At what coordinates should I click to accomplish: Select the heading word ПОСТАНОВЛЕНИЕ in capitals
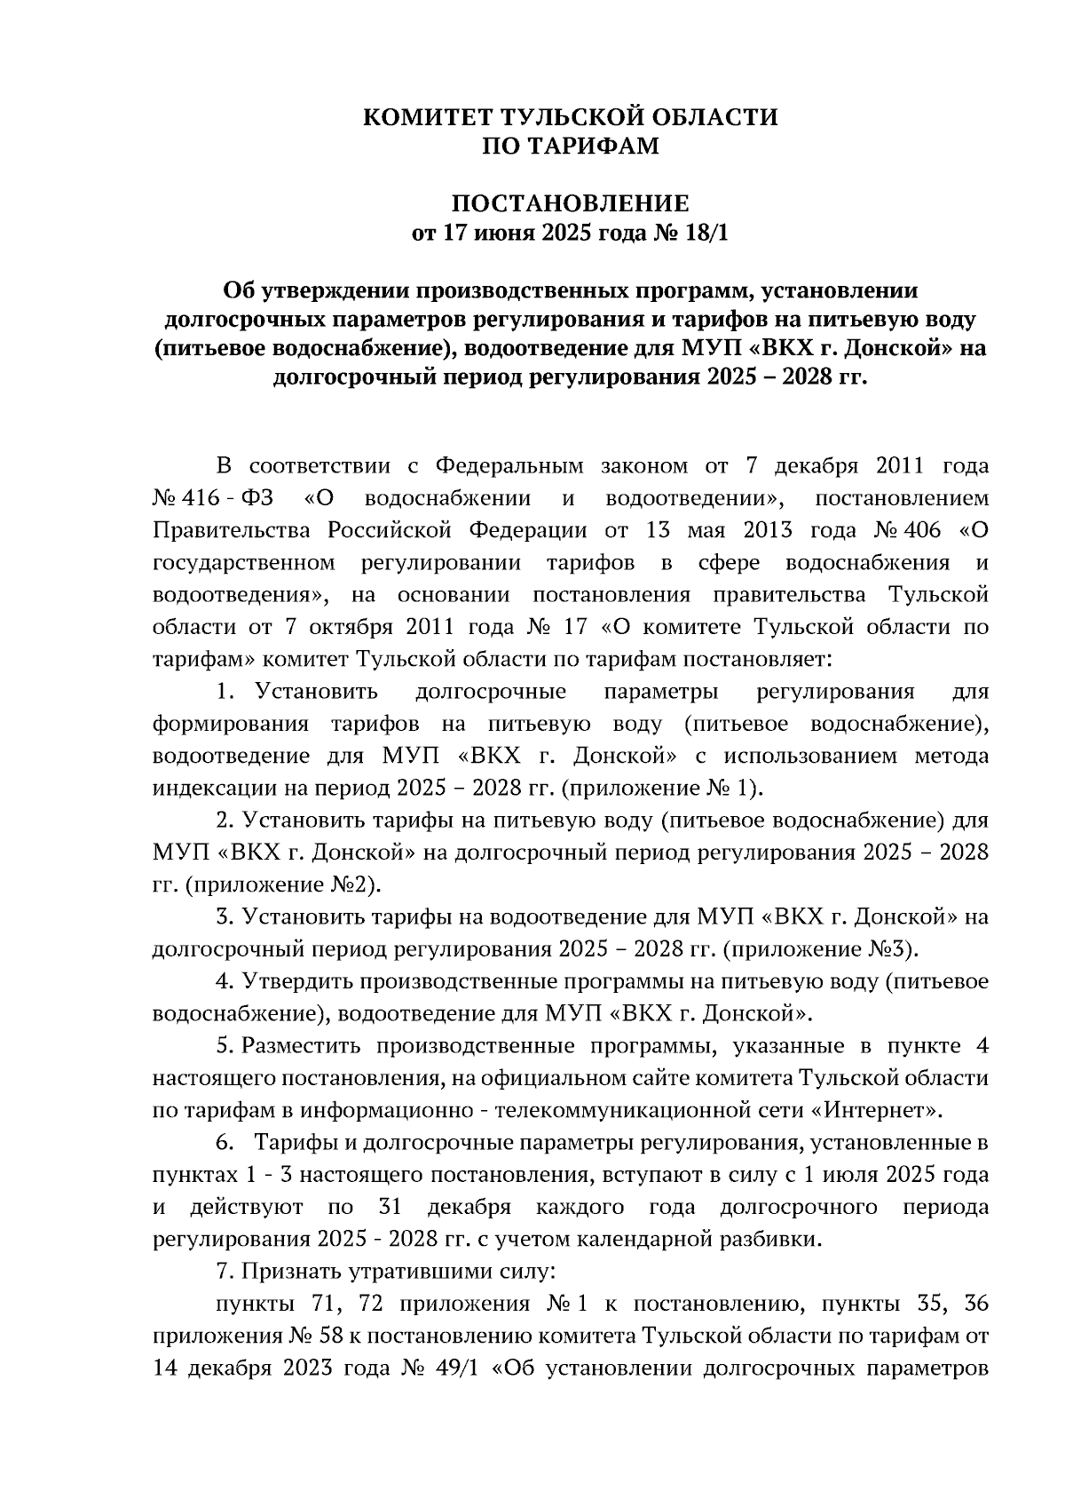click(571, 203)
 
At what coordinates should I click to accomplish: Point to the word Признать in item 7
click(284, 1272)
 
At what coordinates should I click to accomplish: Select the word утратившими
click(408, 1272)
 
